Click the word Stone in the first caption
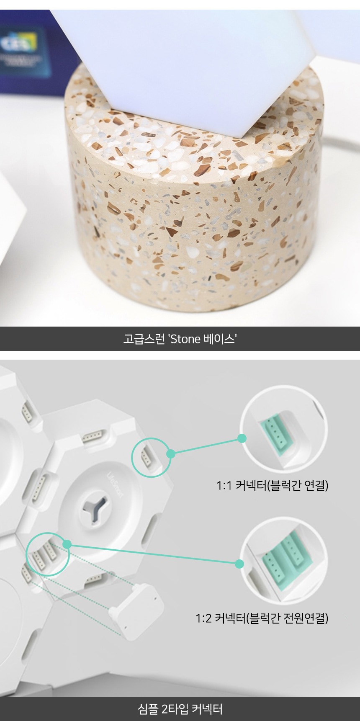pos(185,339)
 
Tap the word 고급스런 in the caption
pos(144,339)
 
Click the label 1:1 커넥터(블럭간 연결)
pos(272,485)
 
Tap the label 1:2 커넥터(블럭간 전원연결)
pos(262,618)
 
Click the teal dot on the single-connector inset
pos(242,438)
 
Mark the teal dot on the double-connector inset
pos(239,564)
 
